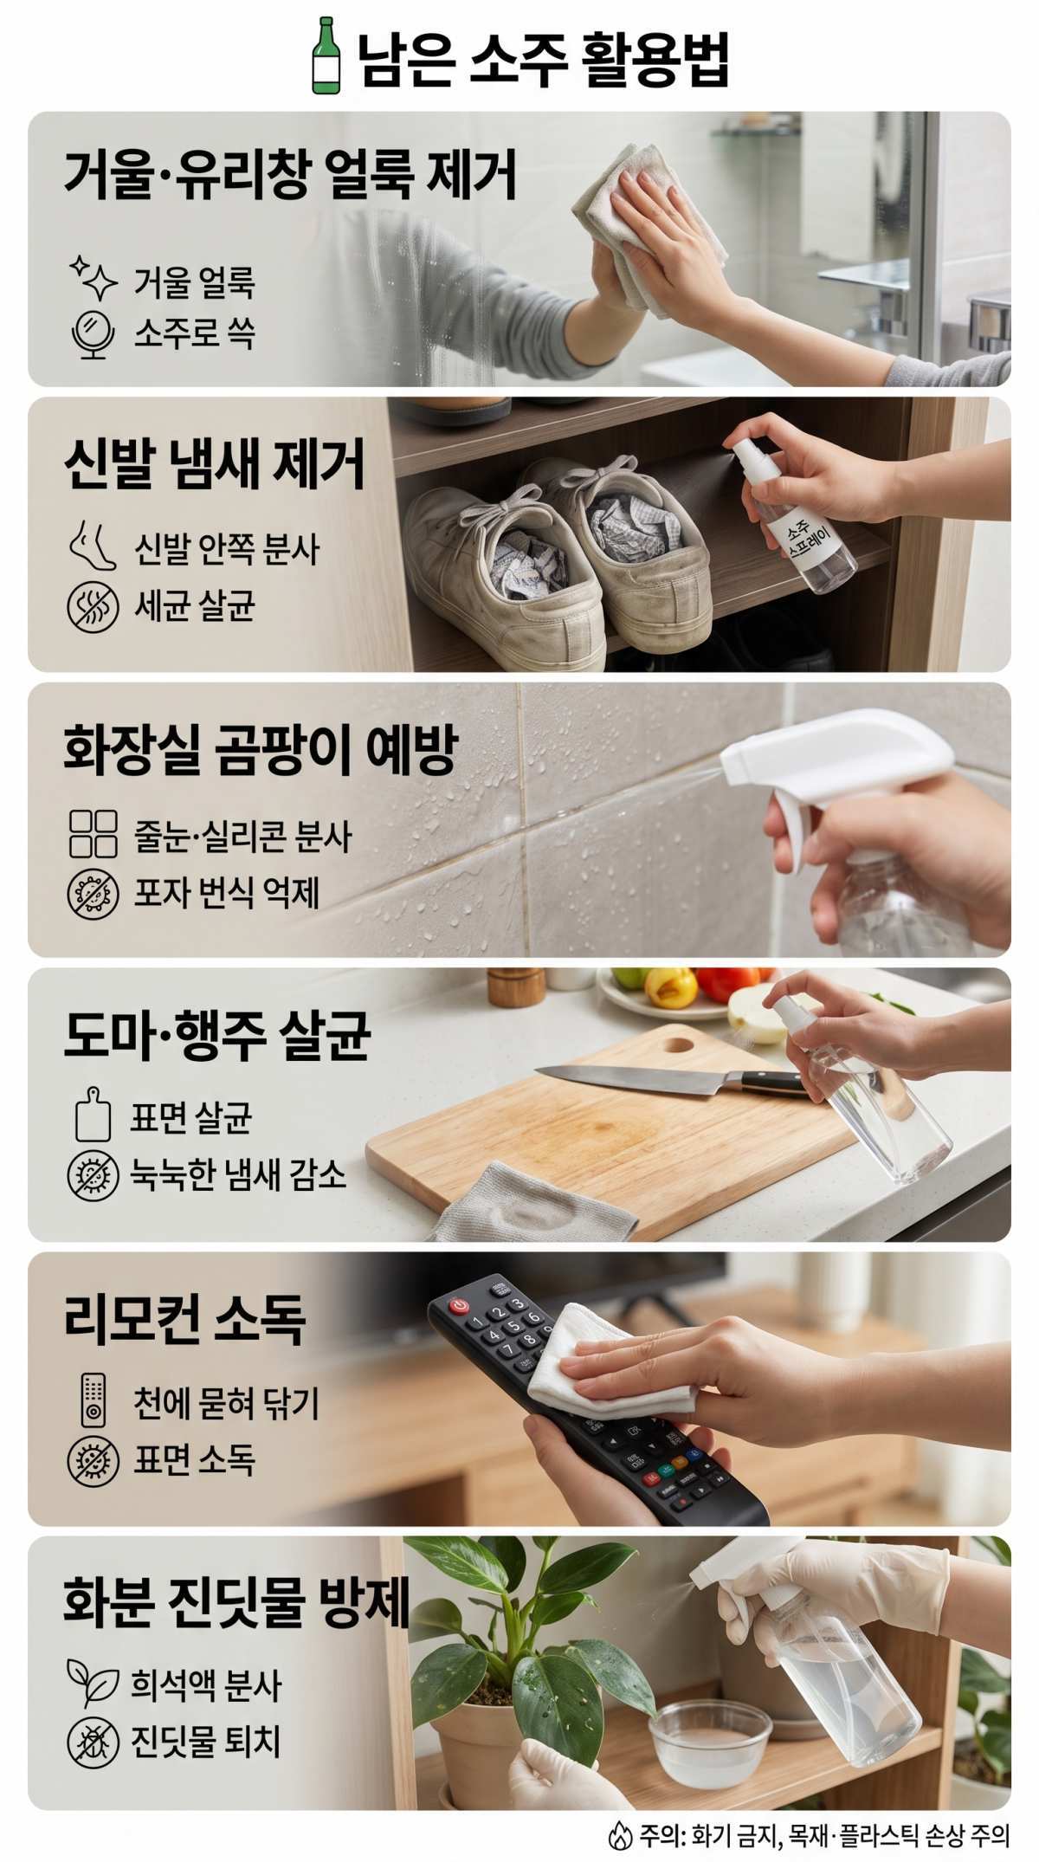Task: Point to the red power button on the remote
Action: click(460, 1303)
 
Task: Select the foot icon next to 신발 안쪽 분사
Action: click(92, 548)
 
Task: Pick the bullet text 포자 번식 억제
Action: click(227, 892)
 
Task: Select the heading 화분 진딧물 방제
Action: click(236, 1604)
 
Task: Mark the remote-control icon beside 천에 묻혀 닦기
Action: click(93, 1400)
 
